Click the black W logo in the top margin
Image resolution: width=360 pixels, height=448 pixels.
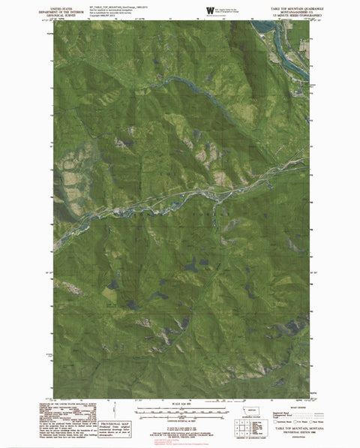click(x=209, y=9)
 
